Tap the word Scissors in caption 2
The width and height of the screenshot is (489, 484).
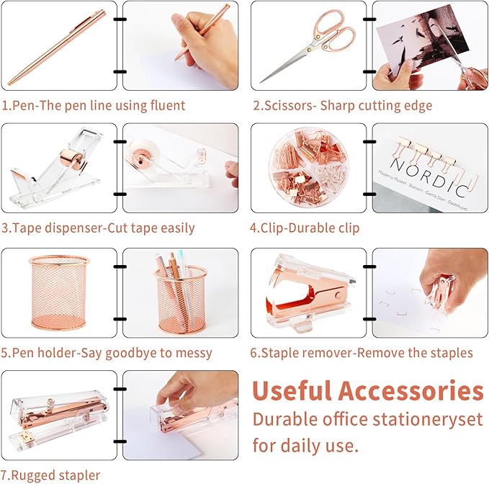pos(290,106)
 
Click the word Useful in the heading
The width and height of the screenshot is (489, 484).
pos(292,392)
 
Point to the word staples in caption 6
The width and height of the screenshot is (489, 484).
pos(450,353)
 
